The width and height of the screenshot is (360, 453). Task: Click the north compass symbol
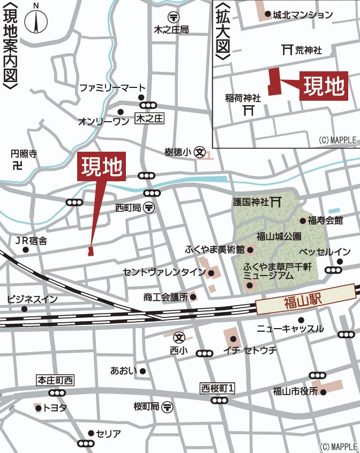point(36,20)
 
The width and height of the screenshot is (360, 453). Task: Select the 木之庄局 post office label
point(171,30)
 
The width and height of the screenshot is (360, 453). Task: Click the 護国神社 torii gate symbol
point(276,202)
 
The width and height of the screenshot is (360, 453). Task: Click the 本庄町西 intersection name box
point(55,381)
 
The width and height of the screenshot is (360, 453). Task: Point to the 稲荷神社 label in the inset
point(243,98)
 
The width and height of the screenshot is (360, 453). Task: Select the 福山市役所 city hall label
point(295,391)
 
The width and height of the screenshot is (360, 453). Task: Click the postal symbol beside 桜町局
point(167,407)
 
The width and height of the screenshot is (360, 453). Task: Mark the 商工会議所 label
point(166,296)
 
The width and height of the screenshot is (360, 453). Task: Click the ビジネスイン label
point(32,299)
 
